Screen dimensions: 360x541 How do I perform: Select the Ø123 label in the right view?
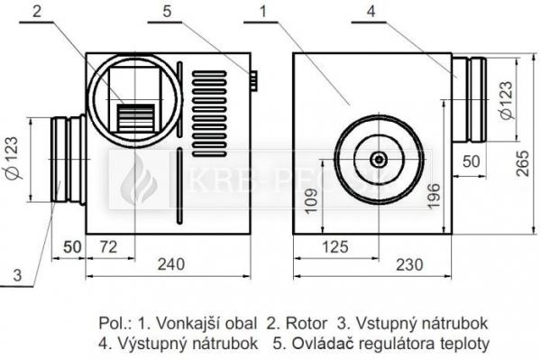click(505, 99)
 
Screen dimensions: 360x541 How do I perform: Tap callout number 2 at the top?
click(36, 12)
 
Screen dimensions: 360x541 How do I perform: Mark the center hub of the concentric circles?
click(379, 160)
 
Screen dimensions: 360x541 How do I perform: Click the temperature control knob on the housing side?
click(254, 83)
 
